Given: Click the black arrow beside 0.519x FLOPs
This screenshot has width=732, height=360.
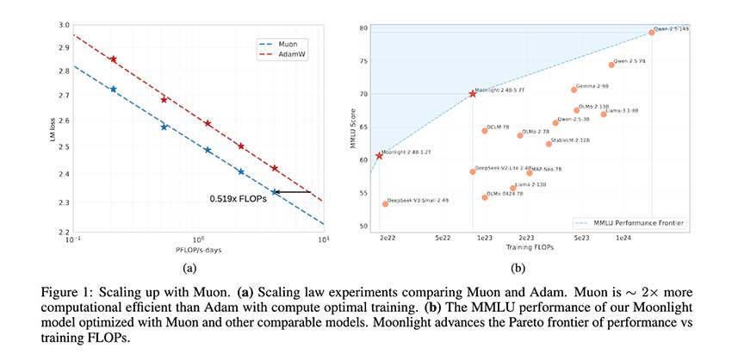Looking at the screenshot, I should [x=293, y=192].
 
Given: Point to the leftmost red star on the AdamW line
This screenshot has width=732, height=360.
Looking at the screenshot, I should [x=113, y=59].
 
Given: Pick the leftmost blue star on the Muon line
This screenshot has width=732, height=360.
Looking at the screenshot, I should [x=113, y=89].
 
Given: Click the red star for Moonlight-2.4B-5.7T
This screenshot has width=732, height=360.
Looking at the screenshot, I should [x=472, y=93].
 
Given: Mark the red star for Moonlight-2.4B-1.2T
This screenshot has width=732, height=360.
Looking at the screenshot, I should [x=379, y=156].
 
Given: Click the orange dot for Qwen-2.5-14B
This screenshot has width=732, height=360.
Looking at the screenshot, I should [x=652, y=33].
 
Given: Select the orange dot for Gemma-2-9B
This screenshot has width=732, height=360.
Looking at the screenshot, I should [x=574, y=90].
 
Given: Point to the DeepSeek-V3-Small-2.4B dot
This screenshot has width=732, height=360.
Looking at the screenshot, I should [x=385, y=204].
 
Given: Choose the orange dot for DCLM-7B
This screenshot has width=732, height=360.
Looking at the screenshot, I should [x=485, y=131].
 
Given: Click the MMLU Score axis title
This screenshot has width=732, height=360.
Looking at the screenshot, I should [x=352, y=128].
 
